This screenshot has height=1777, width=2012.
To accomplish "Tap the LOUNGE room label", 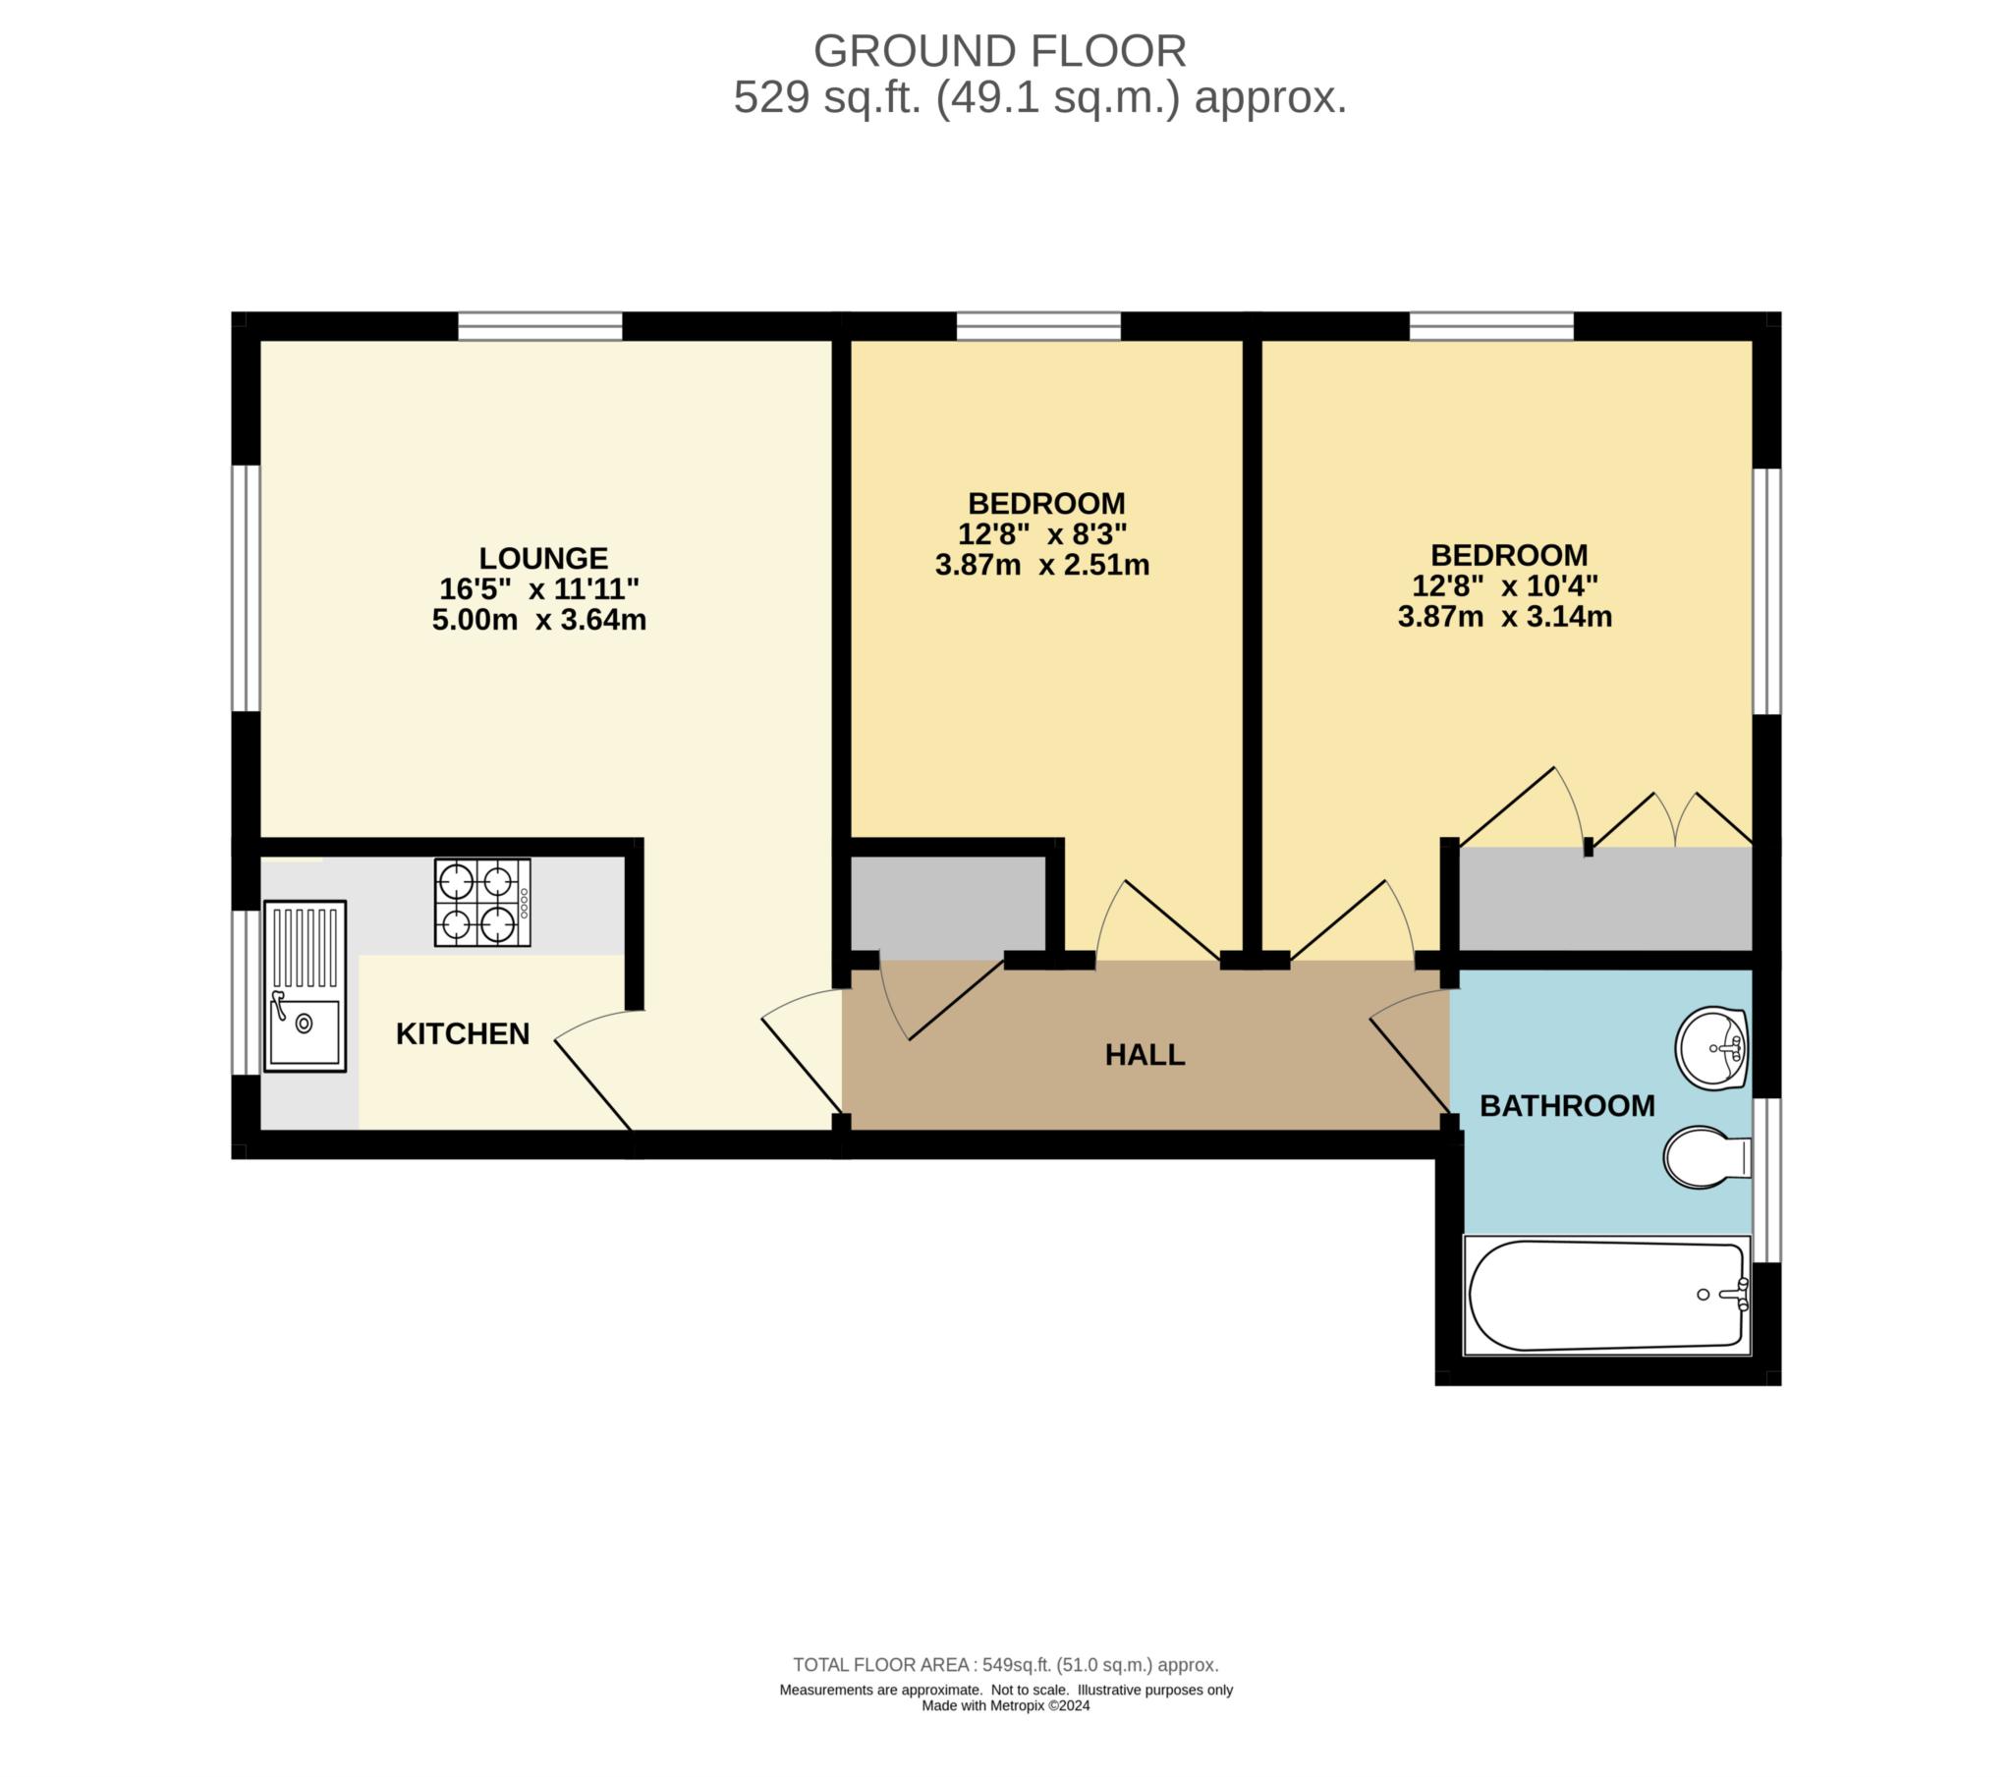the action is (543, 558).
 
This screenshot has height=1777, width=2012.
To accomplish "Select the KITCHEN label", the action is (463, 1033).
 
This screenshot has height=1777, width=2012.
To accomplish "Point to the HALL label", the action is (1145, 1055).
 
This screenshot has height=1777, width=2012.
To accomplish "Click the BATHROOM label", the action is (1567, 1106).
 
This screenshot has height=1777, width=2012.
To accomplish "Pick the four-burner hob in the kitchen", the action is (482, 903).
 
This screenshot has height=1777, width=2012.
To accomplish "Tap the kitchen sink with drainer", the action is (306, 985).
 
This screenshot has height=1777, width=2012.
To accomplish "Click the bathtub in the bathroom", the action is (1606, 1295).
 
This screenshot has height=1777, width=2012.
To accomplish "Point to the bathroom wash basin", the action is (1711, 1048).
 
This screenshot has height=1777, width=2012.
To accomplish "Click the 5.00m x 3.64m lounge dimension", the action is (539, 620).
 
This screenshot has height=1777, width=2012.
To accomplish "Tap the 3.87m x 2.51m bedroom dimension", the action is (1042, 565).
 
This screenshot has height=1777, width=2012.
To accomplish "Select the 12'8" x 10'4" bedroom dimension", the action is (1505, 585).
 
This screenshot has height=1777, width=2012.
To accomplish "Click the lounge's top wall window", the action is (540, 326).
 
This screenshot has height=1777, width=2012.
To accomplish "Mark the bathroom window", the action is (1767, 1180).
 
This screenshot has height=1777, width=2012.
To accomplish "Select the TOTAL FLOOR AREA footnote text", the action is (1006, 1666).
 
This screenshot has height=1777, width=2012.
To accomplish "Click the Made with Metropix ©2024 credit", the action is (1006, 1706).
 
